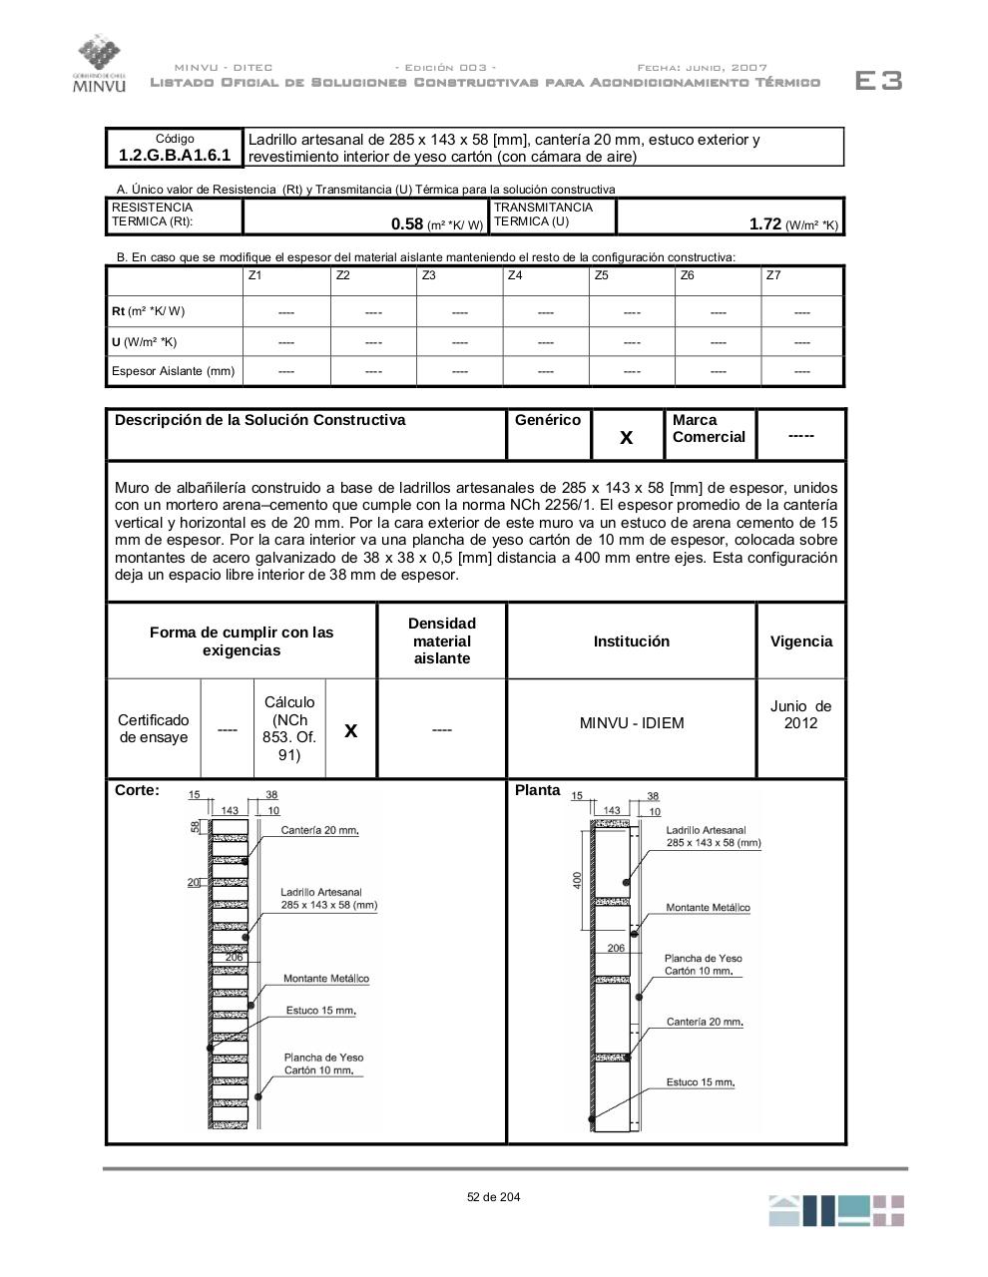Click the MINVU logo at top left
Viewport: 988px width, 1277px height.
coord(99,64)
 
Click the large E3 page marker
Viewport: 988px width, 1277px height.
coord(878,81)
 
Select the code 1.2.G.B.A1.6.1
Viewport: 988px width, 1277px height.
coord(175,155)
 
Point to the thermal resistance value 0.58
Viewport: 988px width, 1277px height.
coord(407,224)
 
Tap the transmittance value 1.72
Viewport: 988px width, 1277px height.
coord(764,224)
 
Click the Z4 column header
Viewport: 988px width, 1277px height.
coord(515,275)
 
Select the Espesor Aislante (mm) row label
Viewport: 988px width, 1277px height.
coord(173,371)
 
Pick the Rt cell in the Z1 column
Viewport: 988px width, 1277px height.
coord(286,312)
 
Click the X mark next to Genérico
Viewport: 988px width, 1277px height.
coord(627,437)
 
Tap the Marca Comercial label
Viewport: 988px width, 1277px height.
coord(709,429)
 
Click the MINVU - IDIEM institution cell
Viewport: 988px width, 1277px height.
coord(632,723)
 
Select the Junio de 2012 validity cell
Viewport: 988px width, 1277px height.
coord(800,714)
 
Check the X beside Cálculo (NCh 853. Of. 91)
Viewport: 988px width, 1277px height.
coord(350,730)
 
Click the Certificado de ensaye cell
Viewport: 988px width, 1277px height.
coord(153,729)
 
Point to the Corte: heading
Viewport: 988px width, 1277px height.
coord(137,790)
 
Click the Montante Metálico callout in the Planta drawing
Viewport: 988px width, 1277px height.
coord(708,908)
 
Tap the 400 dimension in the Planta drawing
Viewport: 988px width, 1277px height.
coord(577,881)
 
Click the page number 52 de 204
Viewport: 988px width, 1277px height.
coord(493,1197)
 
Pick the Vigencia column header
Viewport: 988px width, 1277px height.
coord(800,641)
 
